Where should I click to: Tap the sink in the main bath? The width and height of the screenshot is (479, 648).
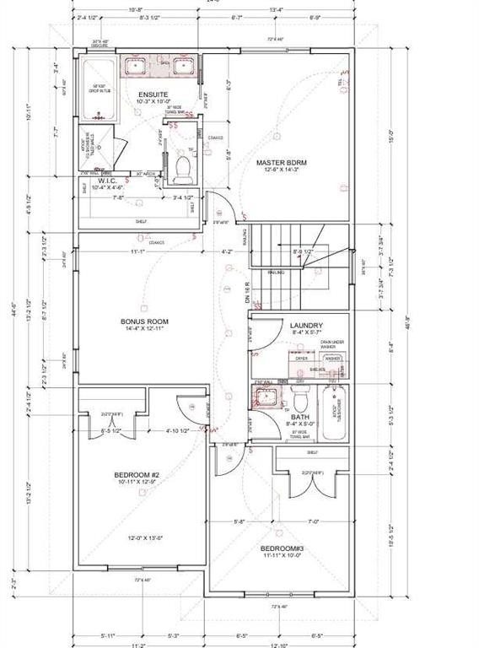coord(266,400)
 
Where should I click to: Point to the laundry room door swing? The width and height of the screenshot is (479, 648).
coord(261,333)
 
